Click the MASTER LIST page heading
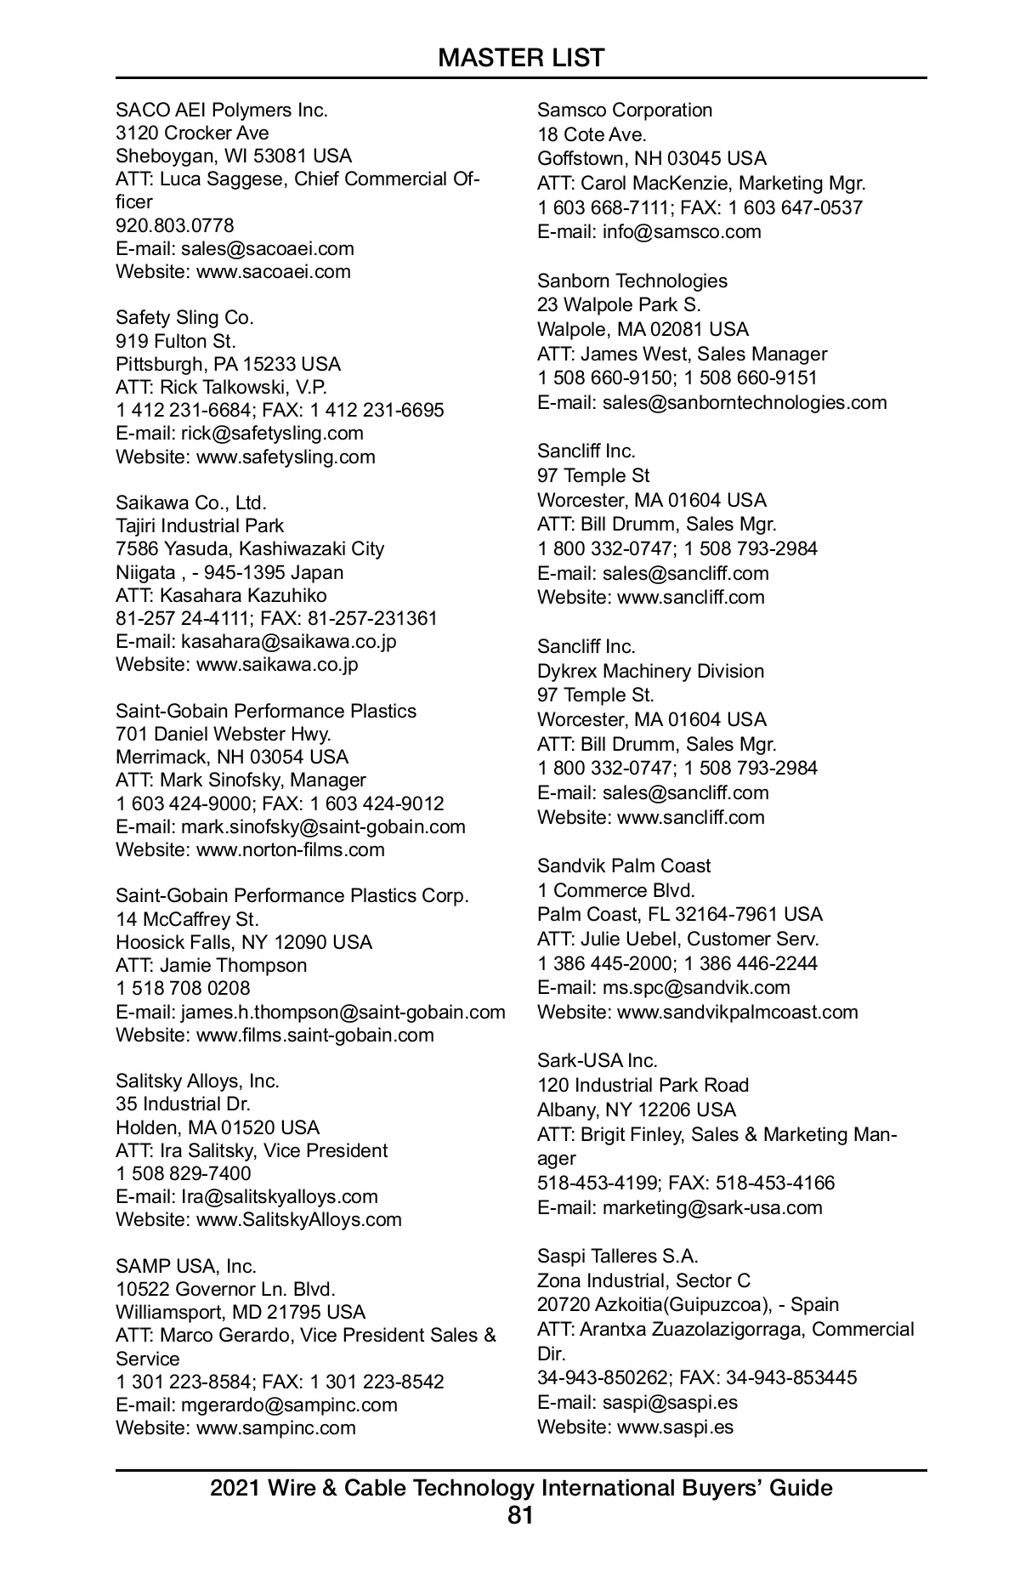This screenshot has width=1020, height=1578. (x=520, y=58)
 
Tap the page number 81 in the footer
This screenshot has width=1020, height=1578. (x=520, y=1514)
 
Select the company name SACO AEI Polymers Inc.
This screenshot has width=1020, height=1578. (x=222, y=110)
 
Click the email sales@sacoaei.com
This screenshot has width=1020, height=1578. (x=267, y=248)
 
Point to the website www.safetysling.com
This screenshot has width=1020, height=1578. (x=286, y=457)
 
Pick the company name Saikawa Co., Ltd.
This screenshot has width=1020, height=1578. (x=191, y=502)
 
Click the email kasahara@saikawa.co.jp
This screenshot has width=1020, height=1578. (x=288, y=641)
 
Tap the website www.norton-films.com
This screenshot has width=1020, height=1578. (x=290, y=849)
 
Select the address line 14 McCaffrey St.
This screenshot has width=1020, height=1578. (x=187, y=919)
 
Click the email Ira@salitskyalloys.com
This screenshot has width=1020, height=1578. (x=279, y=1196)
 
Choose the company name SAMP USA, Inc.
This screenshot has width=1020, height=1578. (x=186, y=1266)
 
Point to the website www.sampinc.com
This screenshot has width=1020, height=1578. (x=275, y=1428)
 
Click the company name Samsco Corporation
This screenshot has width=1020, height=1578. (x=625, y=110)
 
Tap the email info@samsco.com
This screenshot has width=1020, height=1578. (x=682, y=231)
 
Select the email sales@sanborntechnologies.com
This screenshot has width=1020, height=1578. (x=745, y=402)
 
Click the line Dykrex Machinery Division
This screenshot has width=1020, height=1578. (x=650, y=671)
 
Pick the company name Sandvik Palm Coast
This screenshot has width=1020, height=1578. (x=624, y=866)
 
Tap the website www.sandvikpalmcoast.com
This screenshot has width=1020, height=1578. (x=737, y=1012)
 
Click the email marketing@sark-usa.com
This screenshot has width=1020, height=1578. (x=712, y=1207)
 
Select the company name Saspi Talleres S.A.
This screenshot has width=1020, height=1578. (x=618, y=1256)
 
